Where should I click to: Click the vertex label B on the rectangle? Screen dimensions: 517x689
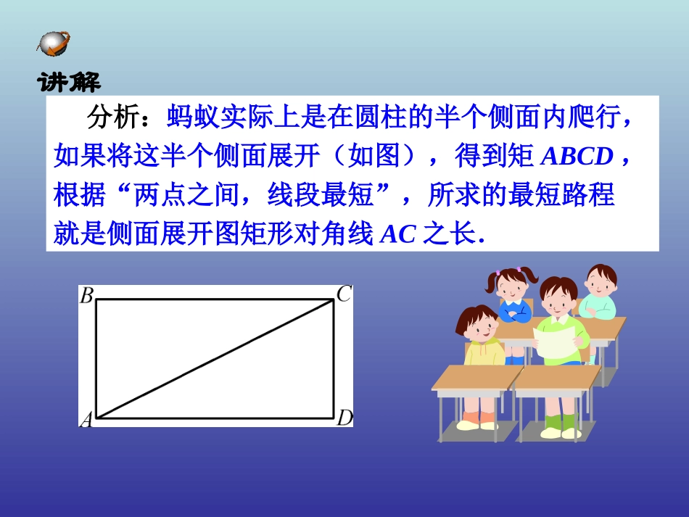(86, 295)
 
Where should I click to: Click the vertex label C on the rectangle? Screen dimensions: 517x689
(344, 294)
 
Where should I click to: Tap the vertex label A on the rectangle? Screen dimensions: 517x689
(86, 419)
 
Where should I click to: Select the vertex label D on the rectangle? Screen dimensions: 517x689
(344, 418)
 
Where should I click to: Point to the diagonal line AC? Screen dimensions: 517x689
(215, 358)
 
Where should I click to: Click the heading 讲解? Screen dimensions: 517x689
(69, 81)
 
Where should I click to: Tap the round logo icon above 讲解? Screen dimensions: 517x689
(54, 43)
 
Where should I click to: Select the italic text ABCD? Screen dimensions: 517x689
(577, 157)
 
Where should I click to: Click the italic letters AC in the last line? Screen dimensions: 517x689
(397, 235)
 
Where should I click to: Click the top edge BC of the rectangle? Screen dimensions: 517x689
(215, 299)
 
